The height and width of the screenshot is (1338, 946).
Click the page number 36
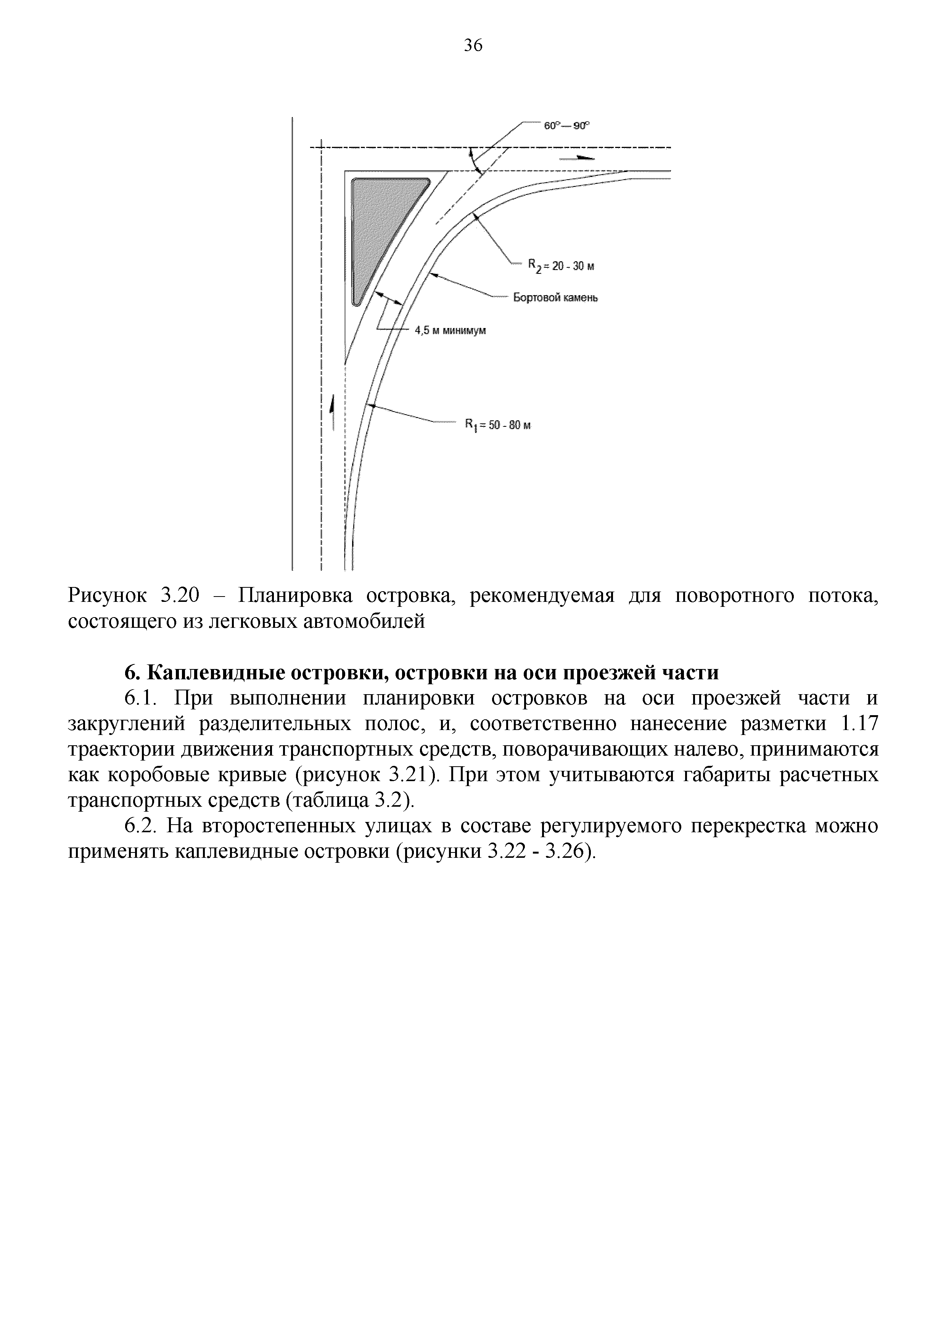473,45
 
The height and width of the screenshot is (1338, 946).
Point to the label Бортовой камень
555,298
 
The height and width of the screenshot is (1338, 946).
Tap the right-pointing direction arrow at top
577,158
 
